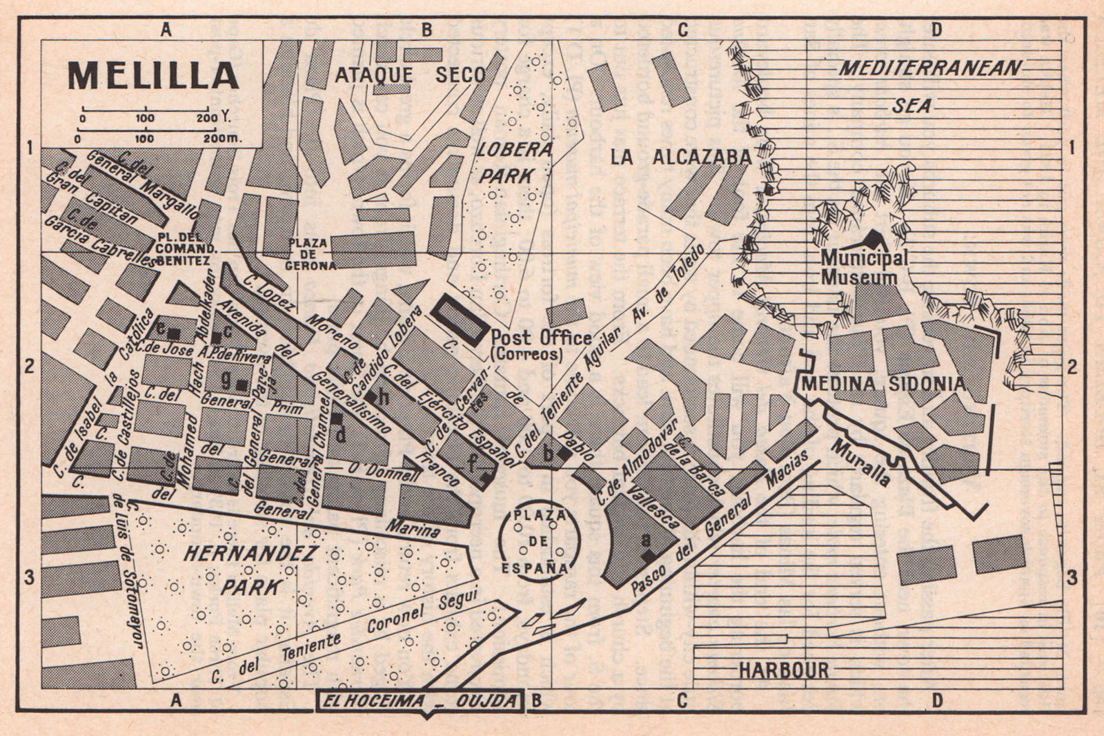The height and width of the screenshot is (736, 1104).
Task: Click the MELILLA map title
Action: [x=153, y=76]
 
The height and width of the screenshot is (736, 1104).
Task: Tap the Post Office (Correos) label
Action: [x=540, y=344]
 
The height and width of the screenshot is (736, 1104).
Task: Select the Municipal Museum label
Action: [x=863, y=268]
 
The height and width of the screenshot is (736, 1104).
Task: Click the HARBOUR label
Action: [x=783, y=670]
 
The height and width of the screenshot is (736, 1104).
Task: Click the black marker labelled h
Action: [x=371, y=397]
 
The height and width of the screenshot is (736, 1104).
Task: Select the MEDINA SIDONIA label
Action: [x=883, y=384]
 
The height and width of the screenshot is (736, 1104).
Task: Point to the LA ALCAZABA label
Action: [x=680, y=157]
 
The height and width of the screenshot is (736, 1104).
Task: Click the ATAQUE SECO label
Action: [x=410, y=75]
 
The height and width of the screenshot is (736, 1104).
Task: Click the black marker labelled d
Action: [x=336, y=418]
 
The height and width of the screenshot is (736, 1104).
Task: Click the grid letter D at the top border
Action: [x=936, y=29]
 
